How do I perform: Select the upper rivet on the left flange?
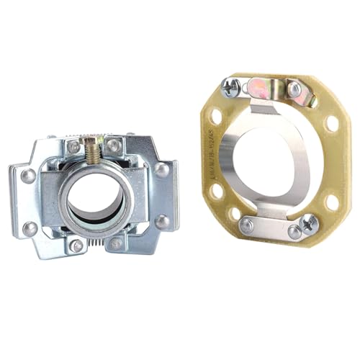tap(28, 176)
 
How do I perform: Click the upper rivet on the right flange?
tap(162, 171)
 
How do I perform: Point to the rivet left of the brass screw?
tap(74, 147)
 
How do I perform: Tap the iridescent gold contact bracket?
tap(259, 89)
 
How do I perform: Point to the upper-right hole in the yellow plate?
tap(332, 123)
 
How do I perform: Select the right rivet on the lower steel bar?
tap(294, 231)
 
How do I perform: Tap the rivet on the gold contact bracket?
tap(294, 89)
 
